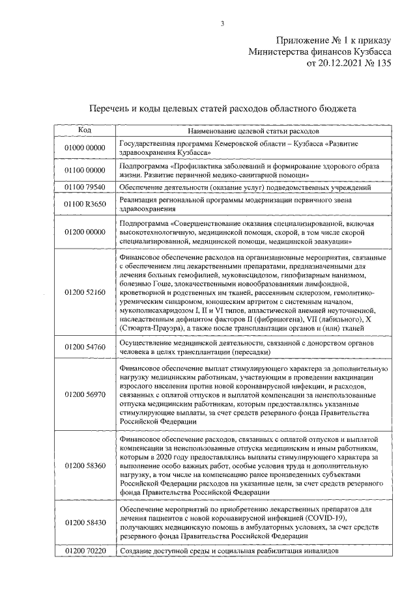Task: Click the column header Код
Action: pyautogui.click(x=85, y=130)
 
